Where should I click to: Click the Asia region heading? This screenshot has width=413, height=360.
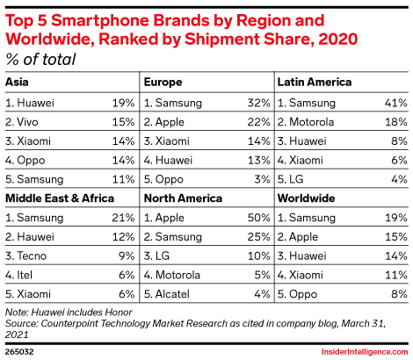[x=16, y=82]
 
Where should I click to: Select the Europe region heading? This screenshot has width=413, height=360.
[x=163, y=82]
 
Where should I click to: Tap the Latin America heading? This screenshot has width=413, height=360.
[x=315, y=82]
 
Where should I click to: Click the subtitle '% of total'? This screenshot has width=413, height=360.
[x=40, y=59]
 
